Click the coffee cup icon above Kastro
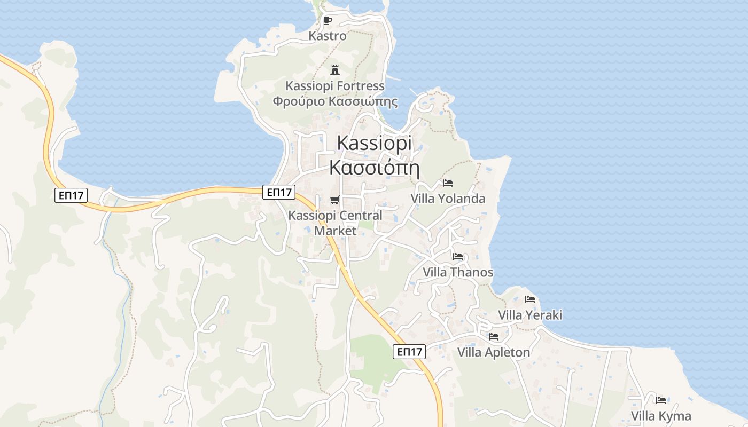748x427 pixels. [328, 21]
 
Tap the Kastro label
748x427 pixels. [328, 36]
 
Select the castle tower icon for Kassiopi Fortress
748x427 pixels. [335, 70]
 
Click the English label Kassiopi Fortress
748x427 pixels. [335, 86]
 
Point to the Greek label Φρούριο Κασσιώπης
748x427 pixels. [335, 101]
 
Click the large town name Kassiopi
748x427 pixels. [375, 143]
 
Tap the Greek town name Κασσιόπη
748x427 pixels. [374, 168]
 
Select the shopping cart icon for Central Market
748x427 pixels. [334, 200]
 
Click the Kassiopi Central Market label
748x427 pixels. [335, 223]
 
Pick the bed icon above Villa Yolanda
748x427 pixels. [448, 183]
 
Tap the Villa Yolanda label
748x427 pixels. [448, 199]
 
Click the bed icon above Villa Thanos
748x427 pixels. [458, 257]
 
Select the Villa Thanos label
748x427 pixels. [458, 272]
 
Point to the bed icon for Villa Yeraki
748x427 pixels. [530, 299]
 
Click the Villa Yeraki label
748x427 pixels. [530, 315]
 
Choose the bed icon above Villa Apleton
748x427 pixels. [494, 337]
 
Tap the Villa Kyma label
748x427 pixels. [661, 416]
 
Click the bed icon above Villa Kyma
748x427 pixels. [661, 400]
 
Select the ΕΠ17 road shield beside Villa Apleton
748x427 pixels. [409, 352]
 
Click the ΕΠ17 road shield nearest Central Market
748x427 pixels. [279, 192]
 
